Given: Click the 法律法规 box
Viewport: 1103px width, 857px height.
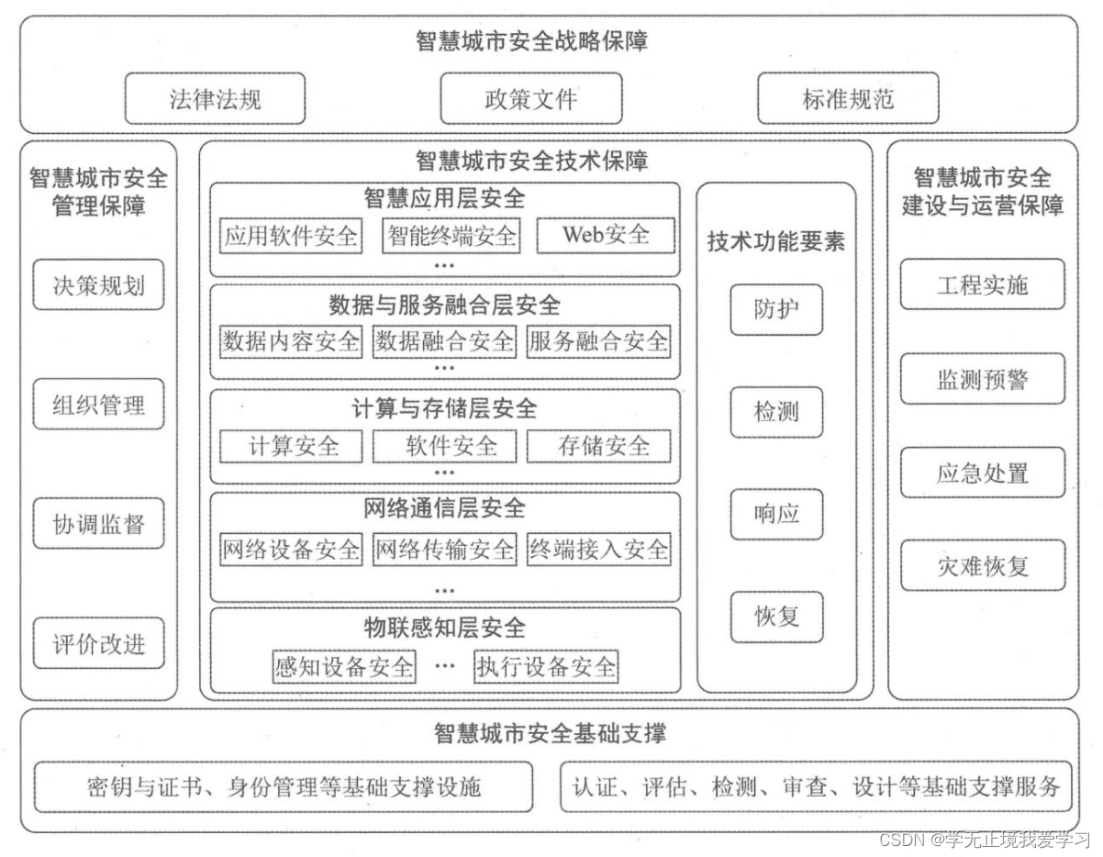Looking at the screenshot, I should (215, 99).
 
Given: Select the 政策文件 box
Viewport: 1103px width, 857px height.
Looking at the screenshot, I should (531, 99).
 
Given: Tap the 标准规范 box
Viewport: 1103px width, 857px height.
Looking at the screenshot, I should (848, 99).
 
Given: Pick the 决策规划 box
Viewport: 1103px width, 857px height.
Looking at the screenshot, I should (98, 285).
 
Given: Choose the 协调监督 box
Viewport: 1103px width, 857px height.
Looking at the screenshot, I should (98, 524).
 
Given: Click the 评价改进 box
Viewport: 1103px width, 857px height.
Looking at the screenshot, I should (98, 643).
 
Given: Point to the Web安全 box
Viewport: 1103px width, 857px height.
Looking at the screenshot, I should (606, 235).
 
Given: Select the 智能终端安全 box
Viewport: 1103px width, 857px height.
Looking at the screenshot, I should (451, 236).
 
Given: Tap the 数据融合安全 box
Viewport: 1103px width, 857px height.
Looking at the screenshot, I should (444, 341).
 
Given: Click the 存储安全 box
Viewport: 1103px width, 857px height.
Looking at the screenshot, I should (599, 446).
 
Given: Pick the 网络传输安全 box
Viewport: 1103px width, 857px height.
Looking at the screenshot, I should (444, 550).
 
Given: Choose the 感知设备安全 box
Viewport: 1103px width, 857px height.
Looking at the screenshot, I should (344, 666).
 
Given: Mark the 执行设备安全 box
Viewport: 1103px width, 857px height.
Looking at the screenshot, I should (546, 666).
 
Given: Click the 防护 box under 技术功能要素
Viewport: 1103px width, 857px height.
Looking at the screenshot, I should (776, 310).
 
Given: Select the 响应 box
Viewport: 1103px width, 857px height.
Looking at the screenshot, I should (776, 514).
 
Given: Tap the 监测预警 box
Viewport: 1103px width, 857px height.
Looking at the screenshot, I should (983, 379).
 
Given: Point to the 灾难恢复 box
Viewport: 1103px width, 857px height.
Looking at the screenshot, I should (983, 565).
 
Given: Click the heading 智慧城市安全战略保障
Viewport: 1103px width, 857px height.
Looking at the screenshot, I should (531, 42).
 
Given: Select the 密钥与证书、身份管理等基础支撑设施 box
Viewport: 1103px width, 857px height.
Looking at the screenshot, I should (284, 786).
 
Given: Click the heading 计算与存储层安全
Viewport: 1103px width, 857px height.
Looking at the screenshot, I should (444, 407).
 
